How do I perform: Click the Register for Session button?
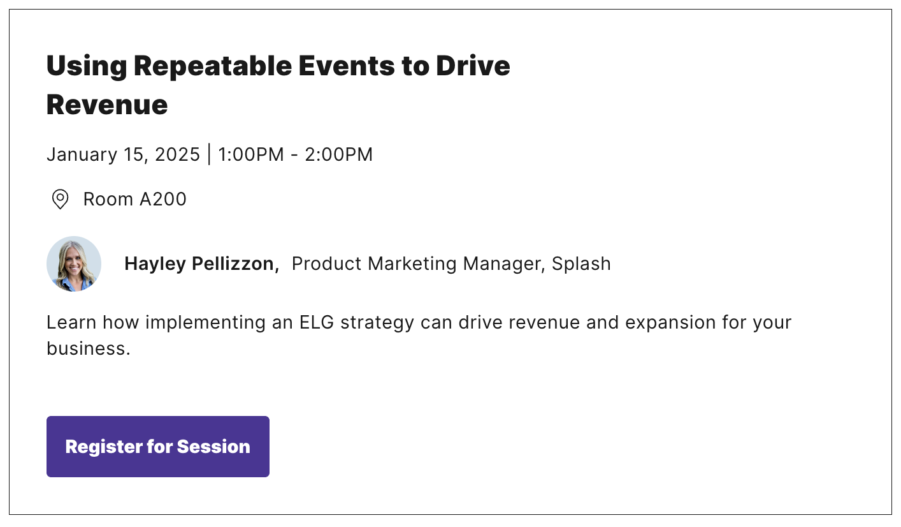point(157,447)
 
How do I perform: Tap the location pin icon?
point(61,199)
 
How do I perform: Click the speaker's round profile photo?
point(74,263)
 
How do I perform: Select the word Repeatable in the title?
point(213,66)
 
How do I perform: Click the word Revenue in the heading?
point(107,105)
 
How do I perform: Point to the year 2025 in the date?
point(177,154)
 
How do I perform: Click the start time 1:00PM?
point(251,154)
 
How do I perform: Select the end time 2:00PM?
point(339,154)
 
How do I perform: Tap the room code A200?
point(163,199)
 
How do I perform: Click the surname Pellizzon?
point(235,263)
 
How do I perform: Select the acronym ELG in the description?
point(317,322)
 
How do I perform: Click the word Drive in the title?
point(473,66)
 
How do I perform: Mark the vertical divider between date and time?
point(209,155)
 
